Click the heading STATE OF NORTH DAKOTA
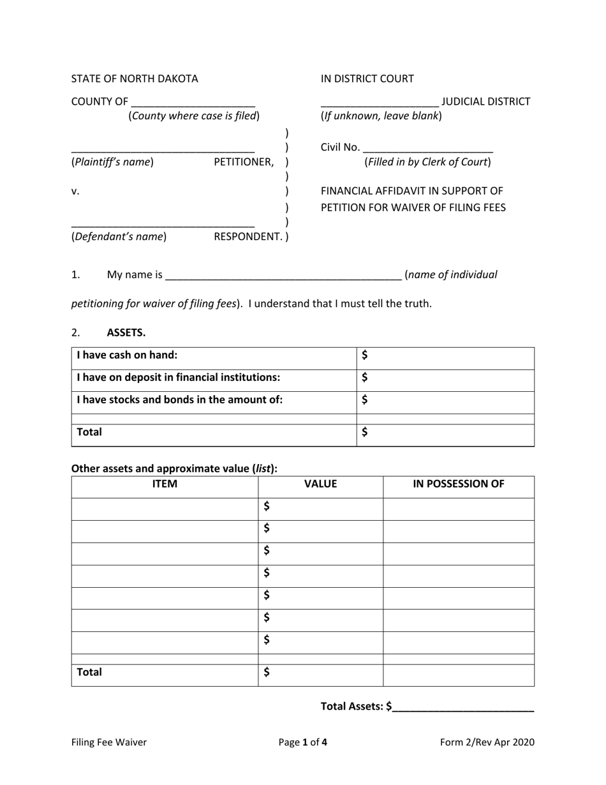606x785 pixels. coord(135,78)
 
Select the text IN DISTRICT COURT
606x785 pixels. coord(367,78)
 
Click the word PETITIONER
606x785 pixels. coord(244,162)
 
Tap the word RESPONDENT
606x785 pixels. coord(248,237)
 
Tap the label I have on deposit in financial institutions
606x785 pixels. coord(179,377)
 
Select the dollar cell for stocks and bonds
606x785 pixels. coord(447,400)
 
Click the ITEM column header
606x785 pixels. coord(165,484)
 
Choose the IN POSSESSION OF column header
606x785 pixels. coord(459,484)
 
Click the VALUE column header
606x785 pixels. coord(320,484)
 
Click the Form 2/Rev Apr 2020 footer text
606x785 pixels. coord(487,742)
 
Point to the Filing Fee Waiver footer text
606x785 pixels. coord(109,742)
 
